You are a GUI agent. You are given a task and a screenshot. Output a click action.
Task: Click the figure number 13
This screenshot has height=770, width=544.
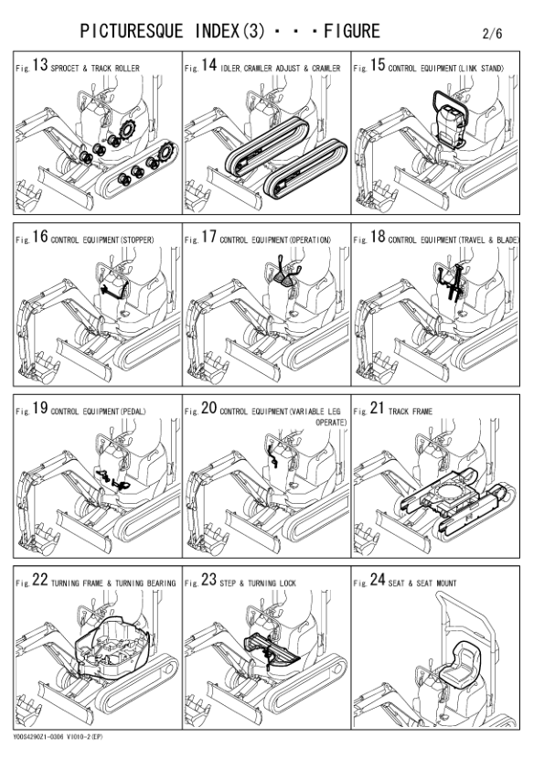40,65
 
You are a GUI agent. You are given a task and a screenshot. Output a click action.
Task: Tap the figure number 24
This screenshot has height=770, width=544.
378,580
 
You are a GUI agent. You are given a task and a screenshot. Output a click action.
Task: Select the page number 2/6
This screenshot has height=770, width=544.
493,34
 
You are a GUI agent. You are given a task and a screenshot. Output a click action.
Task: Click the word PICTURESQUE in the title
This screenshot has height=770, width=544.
131,31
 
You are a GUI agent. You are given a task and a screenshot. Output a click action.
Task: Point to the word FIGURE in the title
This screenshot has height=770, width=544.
352,31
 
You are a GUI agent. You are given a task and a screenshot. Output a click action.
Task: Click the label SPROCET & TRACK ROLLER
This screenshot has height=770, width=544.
95,69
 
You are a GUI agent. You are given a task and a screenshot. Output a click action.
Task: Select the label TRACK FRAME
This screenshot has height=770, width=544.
410,412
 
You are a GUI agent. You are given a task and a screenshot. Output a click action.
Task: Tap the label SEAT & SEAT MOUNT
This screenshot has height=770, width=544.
422,583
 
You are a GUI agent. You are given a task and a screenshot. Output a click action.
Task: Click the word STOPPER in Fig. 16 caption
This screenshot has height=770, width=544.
137,241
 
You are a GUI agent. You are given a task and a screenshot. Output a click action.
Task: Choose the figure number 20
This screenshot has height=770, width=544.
208,408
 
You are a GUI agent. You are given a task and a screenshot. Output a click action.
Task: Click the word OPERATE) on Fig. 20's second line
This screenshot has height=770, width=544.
331,422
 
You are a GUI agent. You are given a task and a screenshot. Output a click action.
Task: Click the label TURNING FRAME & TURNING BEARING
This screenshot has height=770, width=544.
113,583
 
